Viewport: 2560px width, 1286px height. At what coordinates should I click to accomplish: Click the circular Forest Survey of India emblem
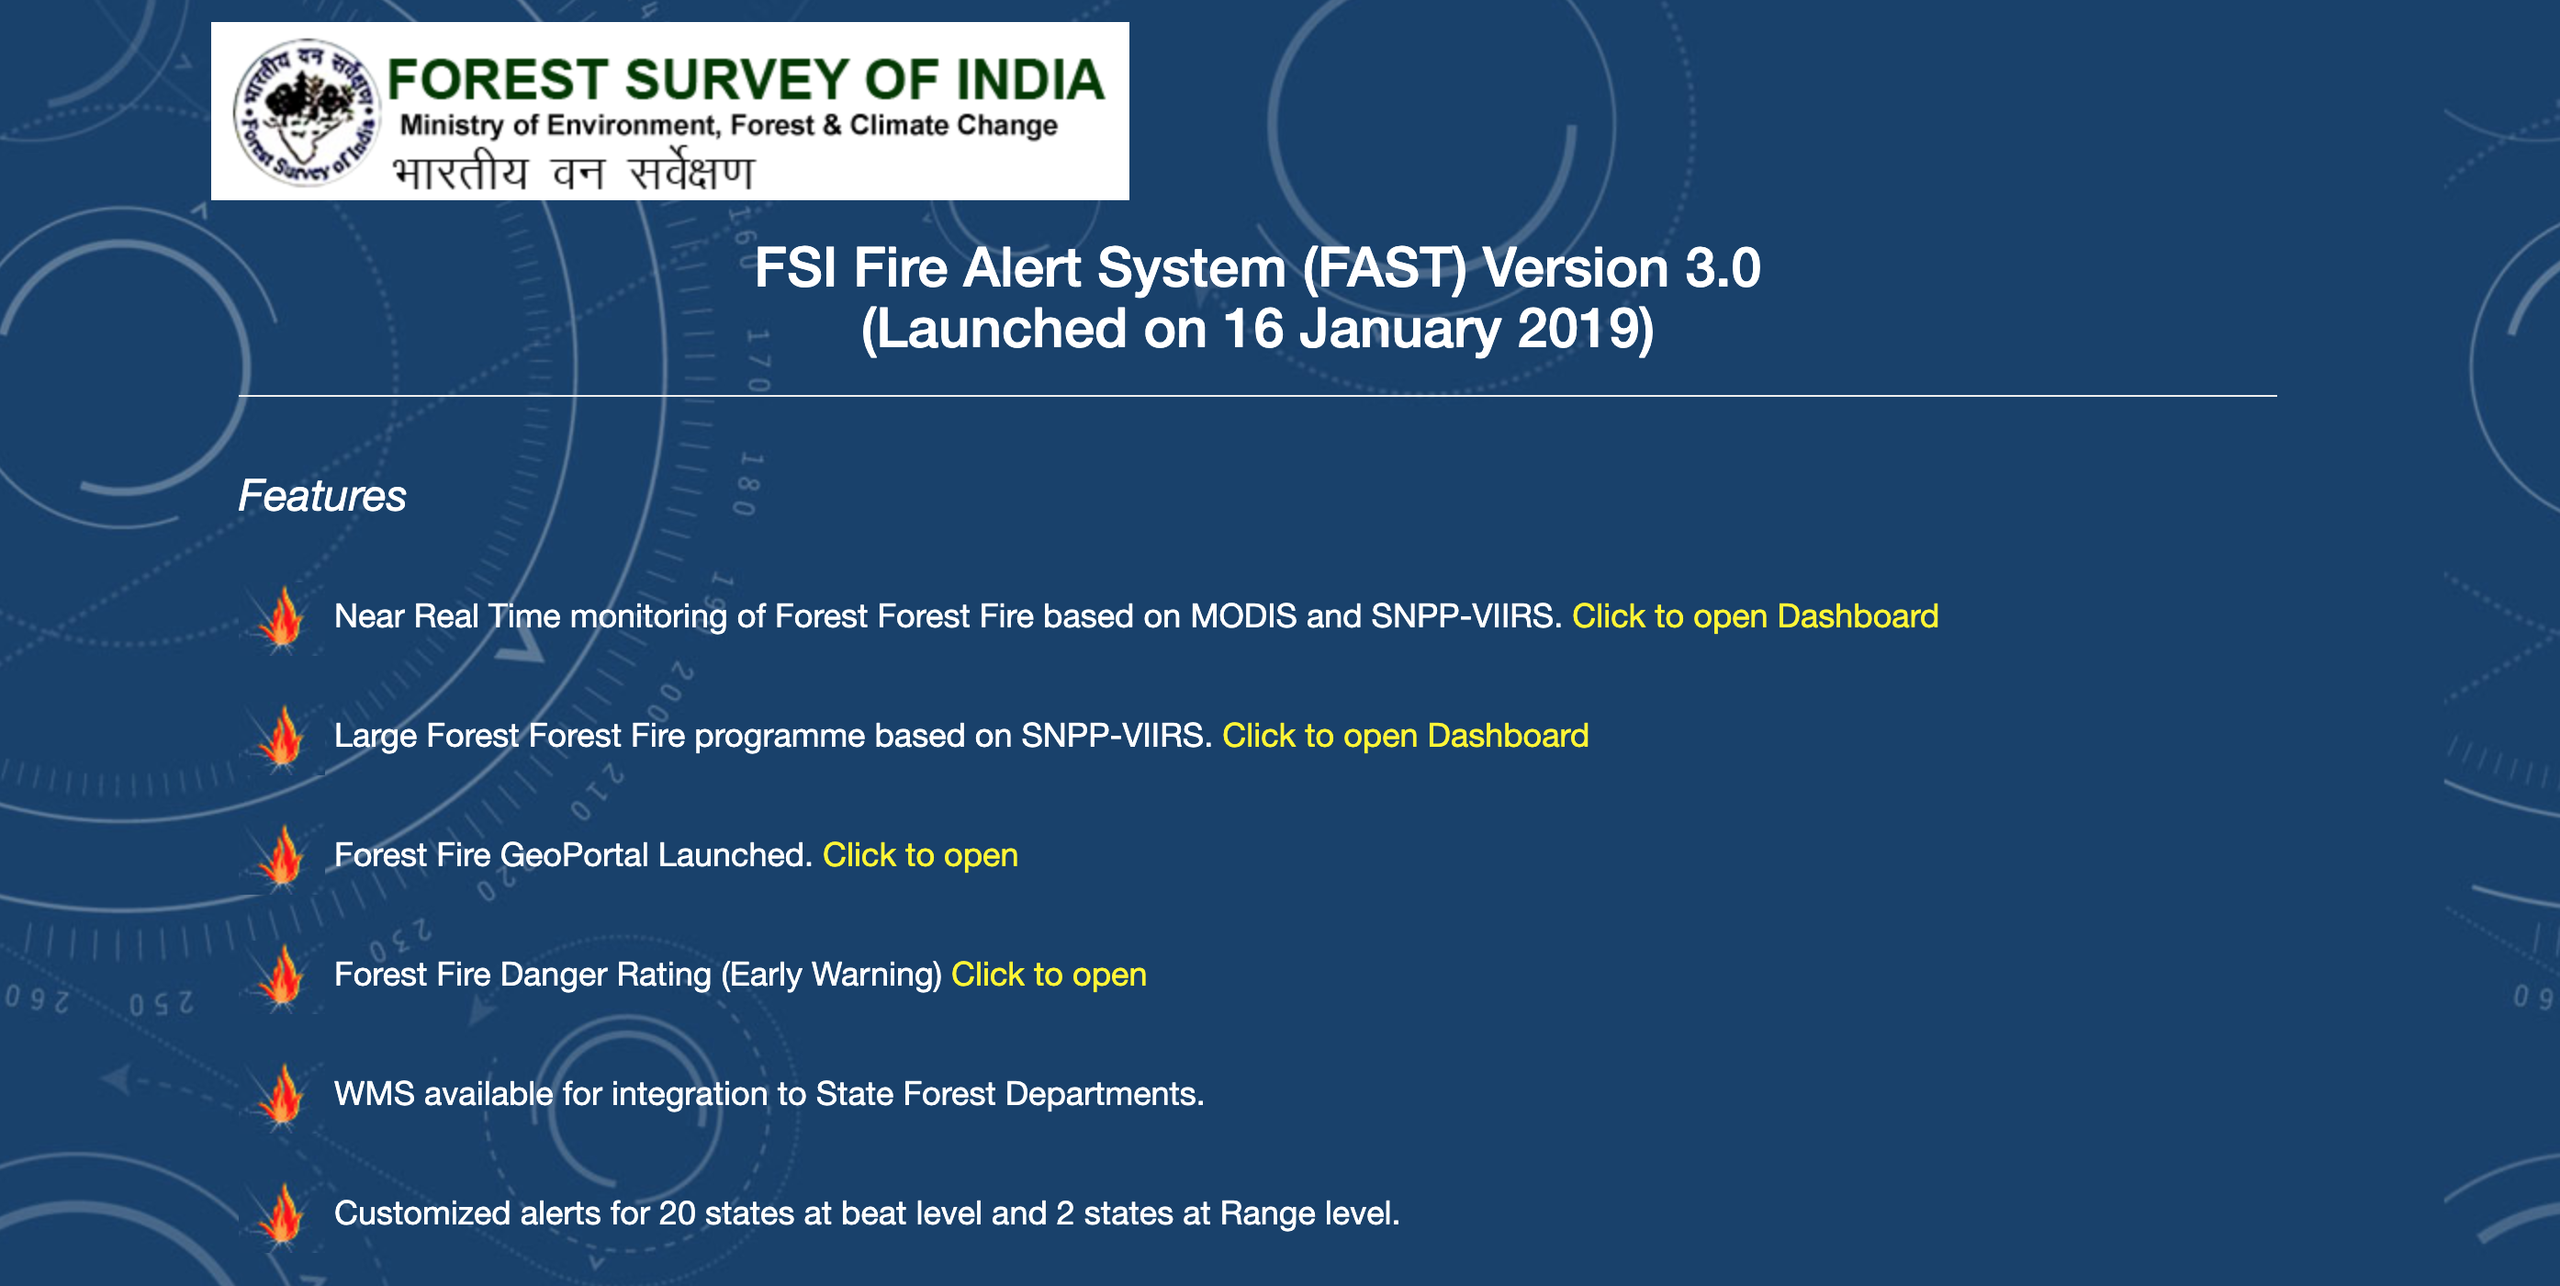(306, 112)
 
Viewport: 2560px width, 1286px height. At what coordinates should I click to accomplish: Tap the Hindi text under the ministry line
(573, 171)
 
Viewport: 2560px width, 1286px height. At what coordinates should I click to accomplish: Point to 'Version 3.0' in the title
(1621, 268)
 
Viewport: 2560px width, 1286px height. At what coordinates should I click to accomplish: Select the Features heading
(322, 496)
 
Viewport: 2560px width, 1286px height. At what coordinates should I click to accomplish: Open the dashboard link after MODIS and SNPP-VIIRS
(1755, 616)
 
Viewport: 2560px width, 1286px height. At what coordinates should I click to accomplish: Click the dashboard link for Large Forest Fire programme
(1405, 736)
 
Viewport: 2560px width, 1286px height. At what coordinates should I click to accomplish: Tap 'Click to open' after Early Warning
(1049, 974)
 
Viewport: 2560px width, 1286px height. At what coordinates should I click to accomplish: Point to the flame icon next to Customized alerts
(282, 1214)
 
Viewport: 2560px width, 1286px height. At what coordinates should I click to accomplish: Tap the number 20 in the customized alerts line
(677, 1213)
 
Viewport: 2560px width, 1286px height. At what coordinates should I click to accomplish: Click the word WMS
(374, 1094)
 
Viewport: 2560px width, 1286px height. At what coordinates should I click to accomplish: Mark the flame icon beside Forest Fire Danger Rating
(282, 976)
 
